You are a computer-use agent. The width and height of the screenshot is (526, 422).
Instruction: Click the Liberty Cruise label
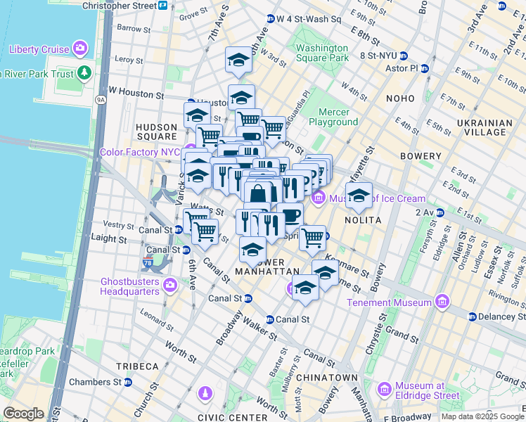coord(39,49)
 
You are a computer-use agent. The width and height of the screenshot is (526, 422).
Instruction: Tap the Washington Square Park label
coord(322,53)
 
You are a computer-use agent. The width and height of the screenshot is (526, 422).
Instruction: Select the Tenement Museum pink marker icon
coord(442,302)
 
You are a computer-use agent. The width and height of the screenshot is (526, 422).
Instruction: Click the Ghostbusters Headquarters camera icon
coord(169,286)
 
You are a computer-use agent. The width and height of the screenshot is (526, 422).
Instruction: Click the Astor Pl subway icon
coord(424,68)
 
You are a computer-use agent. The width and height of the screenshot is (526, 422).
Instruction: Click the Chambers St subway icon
coord(128,383)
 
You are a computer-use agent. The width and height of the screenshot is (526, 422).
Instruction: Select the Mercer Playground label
coord(338,117)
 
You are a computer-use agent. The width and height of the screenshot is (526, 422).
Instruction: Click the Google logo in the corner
coord(23,413)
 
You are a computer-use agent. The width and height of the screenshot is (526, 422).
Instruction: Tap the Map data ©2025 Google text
coord(482,416)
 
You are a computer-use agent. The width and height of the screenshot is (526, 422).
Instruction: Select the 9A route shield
coord(101,100)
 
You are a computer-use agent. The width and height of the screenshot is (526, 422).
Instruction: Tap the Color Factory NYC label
coord(141,151)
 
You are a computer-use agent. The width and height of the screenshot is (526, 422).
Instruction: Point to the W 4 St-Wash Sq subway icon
coord(271,19)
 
